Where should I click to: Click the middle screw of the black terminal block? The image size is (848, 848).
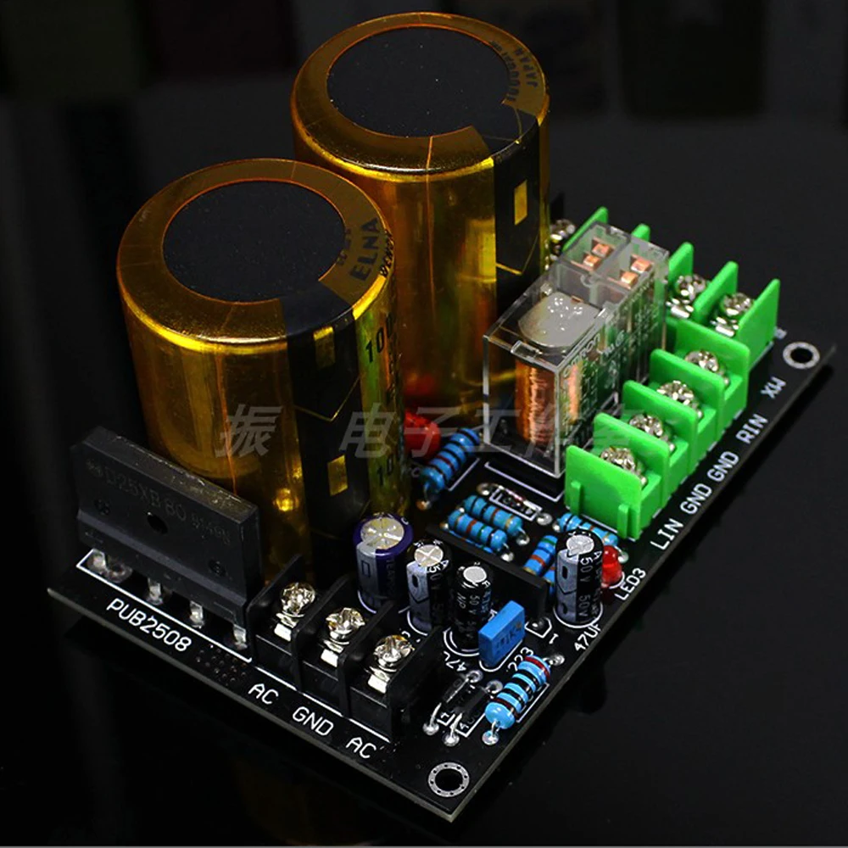pos(344,628)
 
